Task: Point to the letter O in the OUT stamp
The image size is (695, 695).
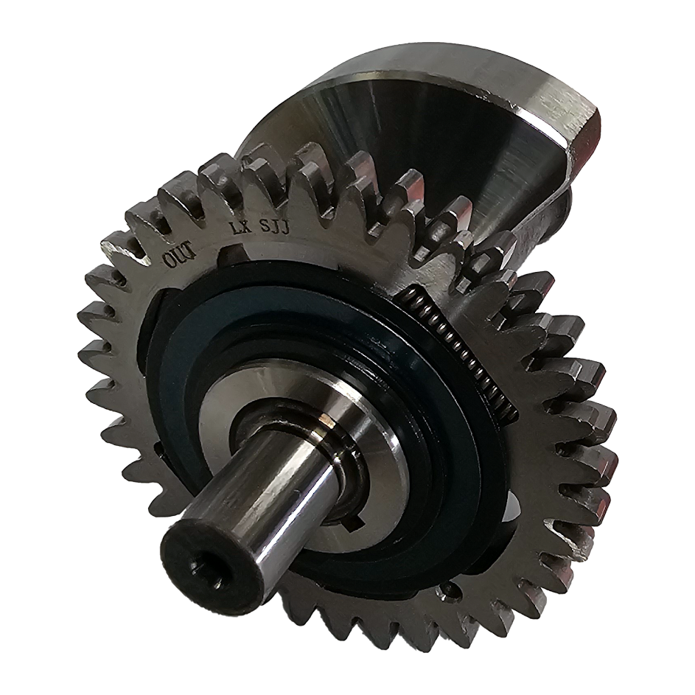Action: (x=171, y=261)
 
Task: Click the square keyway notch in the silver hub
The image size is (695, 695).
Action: (x=352, y=523)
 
